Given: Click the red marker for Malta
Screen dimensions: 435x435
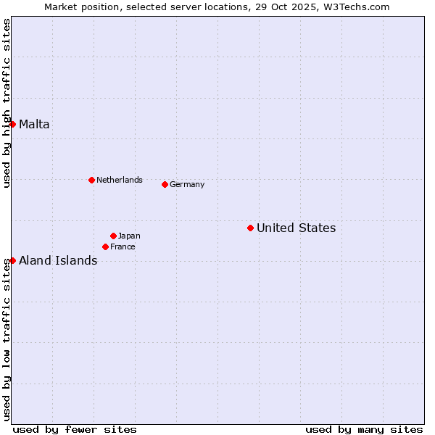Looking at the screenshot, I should [12, 124].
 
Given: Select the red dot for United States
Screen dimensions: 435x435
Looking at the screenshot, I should [250, 228].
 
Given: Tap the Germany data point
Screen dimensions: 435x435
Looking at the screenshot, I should [165, 184].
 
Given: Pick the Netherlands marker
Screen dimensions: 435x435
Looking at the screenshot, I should [91, 180].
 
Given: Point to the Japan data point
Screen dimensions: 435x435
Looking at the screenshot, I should [113, 236].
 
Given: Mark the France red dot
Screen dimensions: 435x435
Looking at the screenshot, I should [105, 246].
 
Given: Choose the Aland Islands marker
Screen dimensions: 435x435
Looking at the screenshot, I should [12, 260].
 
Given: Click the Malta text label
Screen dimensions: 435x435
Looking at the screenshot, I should [34, 124].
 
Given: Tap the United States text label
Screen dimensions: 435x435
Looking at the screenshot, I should [296, 228].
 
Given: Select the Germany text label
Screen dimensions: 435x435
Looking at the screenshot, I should [187, 184].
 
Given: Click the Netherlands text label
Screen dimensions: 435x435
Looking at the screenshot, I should [120, 180].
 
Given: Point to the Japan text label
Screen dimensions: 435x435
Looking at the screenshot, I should [129, 236].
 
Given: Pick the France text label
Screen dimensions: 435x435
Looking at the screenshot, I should [123, 246].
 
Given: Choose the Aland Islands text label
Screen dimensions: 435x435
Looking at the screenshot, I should [58, 260].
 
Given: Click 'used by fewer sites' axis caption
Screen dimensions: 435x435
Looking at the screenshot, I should [75, 429].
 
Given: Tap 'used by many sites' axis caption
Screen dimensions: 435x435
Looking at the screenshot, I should [364, 429].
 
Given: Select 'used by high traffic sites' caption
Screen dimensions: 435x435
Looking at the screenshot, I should [7, 104].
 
